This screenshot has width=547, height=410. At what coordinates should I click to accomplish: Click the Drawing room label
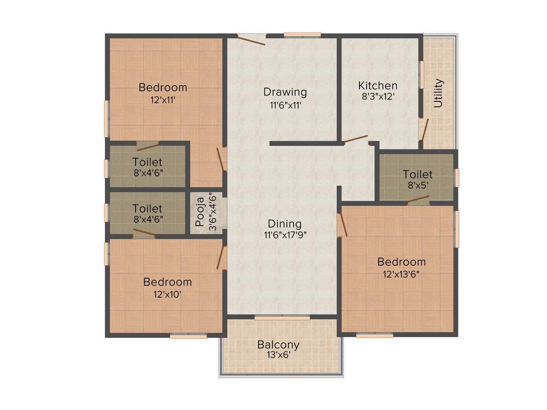(x=285, y=92)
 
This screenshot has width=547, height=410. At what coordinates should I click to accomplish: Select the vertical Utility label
(x=439, y=93)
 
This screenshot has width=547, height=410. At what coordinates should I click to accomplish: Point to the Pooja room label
(x=199, y=212)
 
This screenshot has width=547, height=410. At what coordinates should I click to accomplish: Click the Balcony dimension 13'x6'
(x=278, y=354)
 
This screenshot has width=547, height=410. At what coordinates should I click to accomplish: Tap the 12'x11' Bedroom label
(x=163, y=88)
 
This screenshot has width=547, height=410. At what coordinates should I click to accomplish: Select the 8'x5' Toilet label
(x=418, y=175)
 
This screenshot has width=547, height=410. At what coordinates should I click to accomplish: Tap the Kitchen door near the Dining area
(x=355, y=140)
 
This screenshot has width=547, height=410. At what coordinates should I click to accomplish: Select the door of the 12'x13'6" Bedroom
(x=342, y=224)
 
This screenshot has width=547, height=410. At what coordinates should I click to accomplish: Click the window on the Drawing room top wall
(x=302, y=35)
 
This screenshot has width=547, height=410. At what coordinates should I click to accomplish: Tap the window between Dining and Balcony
(x=282, y=318)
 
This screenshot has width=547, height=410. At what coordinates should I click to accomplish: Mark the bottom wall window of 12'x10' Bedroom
(x=188, y=336)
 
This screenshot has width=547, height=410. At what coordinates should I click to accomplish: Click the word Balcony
(x=278, y=345)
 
